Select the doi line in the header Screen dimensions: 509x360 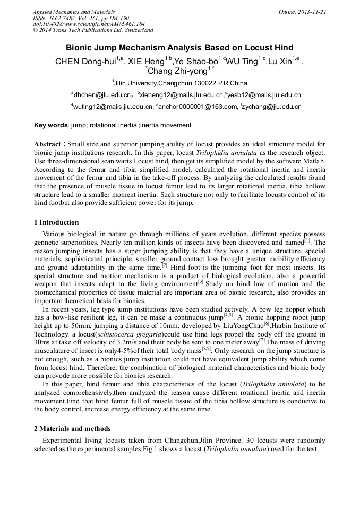(x=89, y=24)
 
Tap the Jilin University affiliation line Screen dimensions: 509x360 (x=180, y=83)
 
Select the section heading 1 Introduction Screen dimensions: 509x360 (x=56, y=222)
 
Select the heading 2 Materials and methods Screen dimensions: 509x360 (x=72, y=428)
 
